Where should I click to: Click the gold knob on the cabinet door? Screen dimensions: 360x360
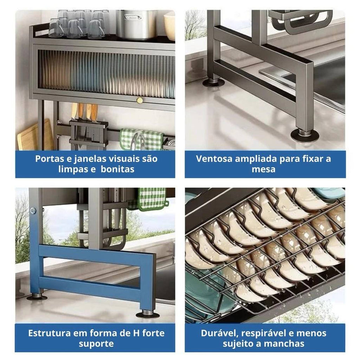click(139, 100)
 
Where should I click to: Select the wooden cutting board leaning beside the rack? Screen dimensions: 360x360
click(35, 135)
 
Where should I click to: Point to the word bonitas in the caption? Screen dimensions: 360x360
click(117, 169)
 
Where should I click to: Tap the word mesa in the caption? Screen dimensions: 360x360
click(263, 169)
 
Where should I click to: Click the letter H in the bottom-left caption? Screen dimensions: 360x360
click(136, 333)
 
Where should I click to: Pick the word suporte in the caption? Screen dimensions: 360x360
click(96, 344)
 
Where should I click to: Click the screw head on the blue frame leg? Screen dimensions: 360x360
click(33, 210)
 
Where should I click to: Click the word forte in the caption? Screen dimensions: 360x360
click(153, 333)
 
